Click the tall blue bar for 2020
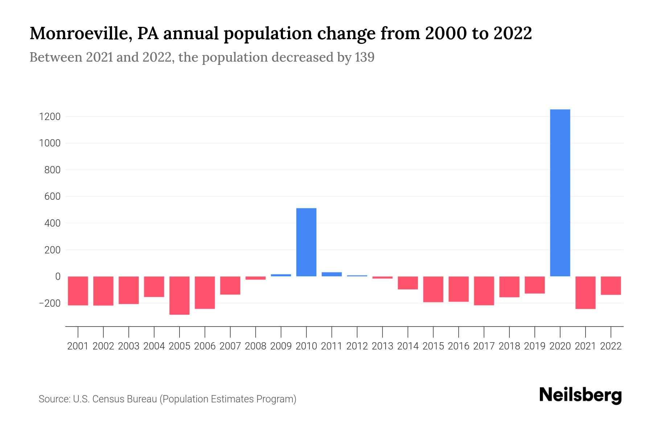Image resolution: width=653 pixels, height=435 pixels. pyautogui.click(x=560, y=192)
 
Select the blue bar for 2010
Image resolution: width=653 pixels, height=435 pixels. pyautogui.click(x=306, y=242)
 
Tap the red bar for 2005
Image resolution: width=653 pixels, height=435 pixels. pyautogui.click(x=179, y=295)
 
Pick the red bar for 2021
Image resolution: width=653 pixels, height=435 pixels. pyautogui.click(x=585, y=292)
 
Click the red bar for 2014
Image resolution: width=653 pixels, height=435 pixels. pyautogui.click(x=408, y=283)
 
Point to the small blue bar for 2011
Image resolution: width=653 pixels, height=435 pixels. pyautogui.click(x=332, y=274)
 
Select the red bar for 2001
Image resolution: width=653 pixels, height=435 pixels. pyautogui.click(x=78, y=290)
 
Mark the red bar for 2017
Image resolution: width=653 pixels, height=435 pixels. pyautogui.click(x=484, y=290)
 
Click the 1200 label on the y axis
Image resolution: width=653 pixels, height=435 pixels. pyautogui.click(x=50, y=117)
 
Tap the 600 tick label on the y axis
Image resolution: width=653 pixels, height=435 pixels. pyautogui.click(x=53, y=196)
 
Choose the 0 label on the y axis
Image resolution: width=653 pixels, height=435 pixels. pyautogui.click(x=58, y=277)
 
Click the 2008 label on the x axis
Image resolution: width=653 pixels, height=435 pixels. pyautogui.click(x=255, y=346)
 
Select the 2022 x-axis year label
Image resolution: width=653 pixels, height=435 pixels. pyautogui.click(x=611, y=346)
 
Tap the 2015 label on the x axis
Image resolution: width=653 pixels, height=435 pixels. pyautogui.click(x=433, y=346)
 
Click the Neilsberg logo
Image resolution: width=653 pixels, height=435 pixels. pyautogui.click(x=580, y=395)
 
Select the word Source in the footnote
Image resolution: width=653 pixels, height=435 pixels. pyautogui.click(x=54, y=399)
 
